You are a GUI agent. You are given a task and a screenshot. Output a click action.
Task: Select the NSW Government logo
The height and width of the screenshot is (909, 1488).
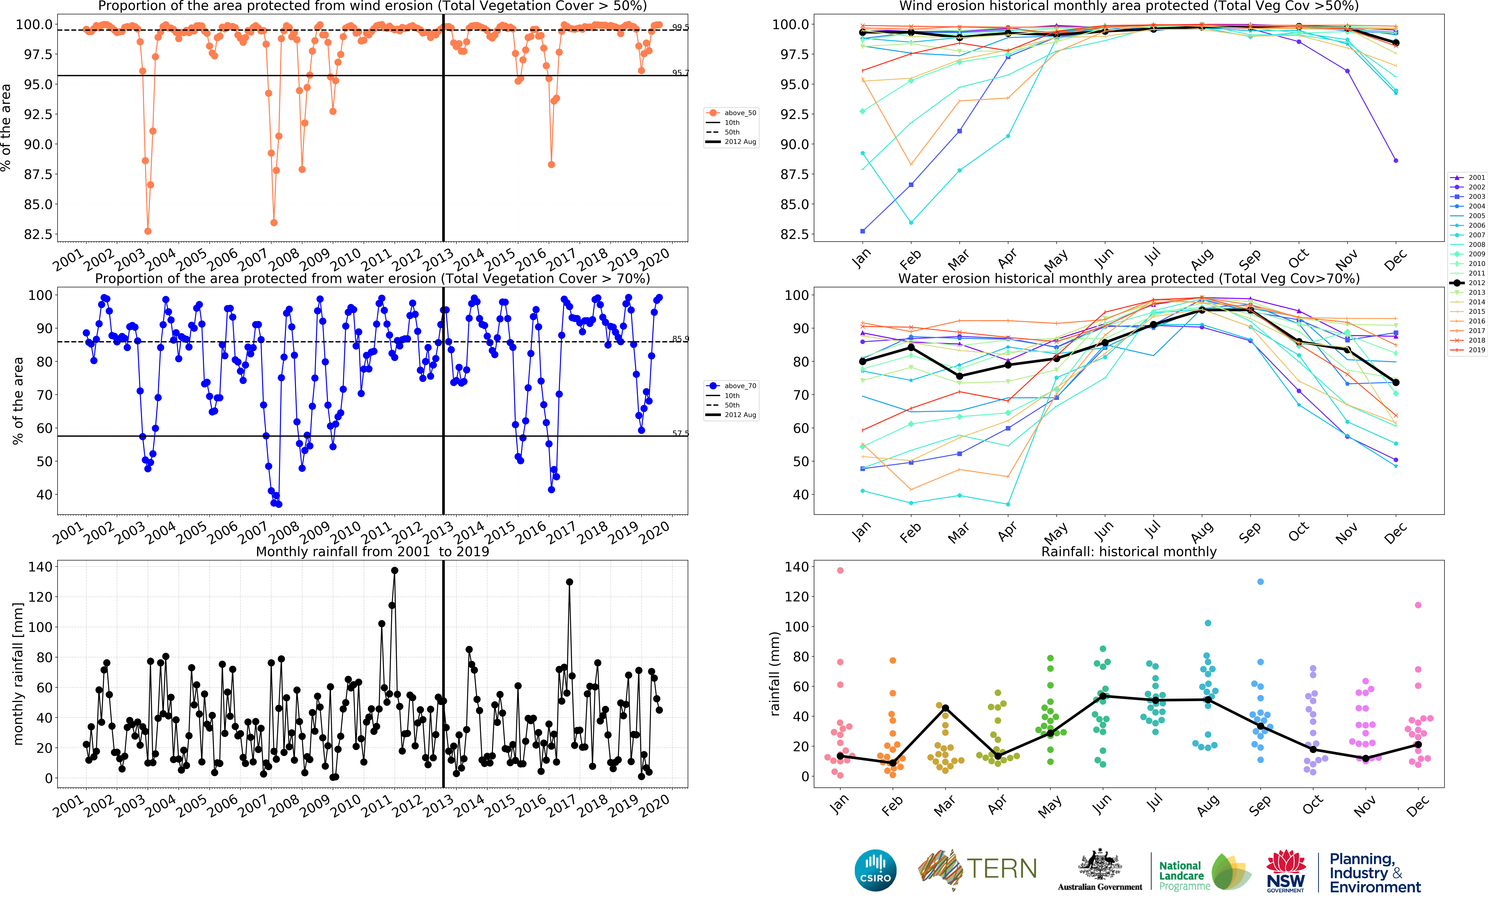click(x=1286, y=870)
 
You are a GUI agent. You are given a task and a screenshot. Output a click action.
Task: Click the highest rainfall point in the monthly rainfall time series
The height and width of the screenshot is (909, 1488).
click(x=394, y=570)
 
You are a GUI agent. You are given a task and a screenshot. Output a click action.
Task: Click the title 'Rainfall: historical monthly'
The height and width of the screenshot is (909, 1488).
click(x=1129, y=551)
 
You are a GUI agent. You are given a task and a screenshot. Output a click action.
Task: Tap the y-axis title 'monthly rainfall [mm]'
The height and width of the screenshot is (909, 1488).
click(x=18, y=673)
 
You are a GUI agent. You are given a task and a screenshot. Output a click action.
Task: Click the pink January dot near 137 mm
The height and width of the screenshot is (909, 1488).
click(x=840, y=570)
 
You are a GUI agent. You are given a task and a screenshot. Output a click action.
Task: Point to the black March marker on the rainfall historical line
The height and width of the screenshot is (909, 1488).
click(x=945, y=708)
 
